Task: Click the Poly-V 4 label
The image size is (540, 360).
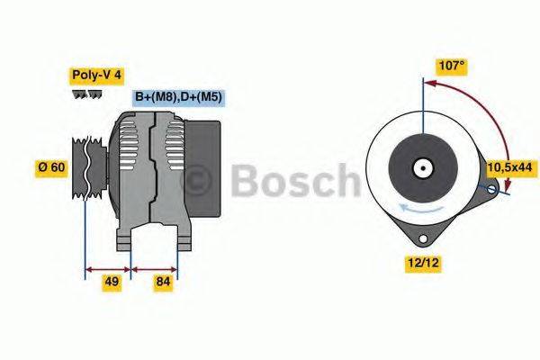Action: pos(96,76)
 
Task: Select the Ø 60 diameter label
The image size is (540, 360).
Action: pos(51,168)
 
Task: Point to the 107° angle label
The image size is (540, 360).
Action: pos(451,66)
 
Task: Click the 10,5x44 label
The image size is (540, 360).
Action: pos(509,167)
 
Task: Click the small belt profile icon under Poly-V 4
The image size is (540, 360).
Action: pos(87,94)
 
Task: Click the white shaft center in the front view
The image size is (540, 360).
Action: pos(420,167)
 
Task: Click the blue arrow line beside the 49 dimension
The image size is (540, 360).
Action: pos(107,268)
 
